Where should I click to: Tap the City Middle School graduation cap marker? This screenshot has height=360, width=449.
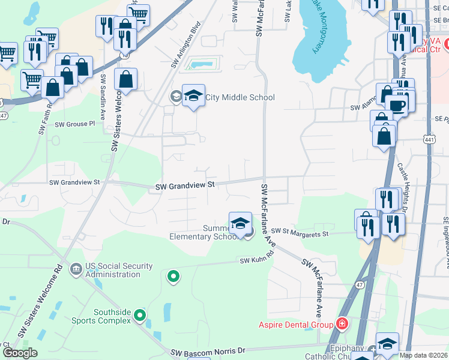(193, 95)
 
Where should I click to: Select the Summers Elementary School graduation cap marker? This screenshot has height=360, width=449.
(240, 223)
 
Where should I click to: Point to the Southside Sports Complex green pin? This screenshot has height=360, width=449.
(140, 314)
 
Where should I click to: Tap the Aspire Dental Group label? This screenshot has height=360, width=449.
(295, 325)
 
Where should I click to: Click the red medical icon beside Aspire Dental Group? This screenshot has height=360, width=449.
(342, 325)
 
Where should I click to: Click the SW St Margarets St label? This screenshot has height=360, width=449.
(300, 232)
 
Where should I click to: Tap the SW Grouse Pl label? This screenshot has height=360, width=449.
(75, 124)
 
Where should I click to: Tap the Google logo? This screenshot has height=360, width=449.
(21, 352)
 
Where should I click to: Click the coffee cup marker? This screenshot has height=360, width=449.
(397, 106)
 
